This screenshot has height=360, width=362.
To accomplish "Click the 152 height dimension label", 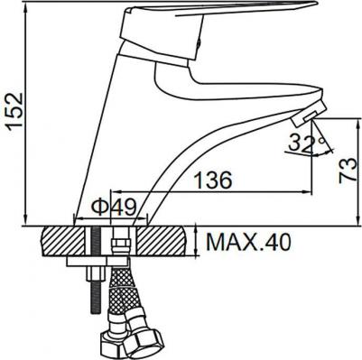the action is click(15, 111).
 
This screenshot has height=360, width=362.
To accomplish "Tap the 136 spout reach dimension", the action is click(213, 180).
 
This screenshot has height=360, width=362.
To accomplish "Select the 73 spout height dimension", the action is click(348, 170).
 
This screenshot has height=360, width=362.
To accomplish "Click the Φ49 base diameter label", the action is click(114, 208).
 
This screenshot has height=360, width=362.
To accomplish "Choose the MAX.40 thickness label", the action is click(248, 243).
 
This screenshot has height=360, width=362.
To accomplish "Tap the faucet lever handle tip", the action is click(313, 5).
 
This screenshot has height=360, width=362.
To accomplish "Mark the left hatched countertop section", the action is click(62, 241).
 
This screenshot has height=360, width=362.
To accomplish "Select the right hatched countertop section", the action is click(162, 241).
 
